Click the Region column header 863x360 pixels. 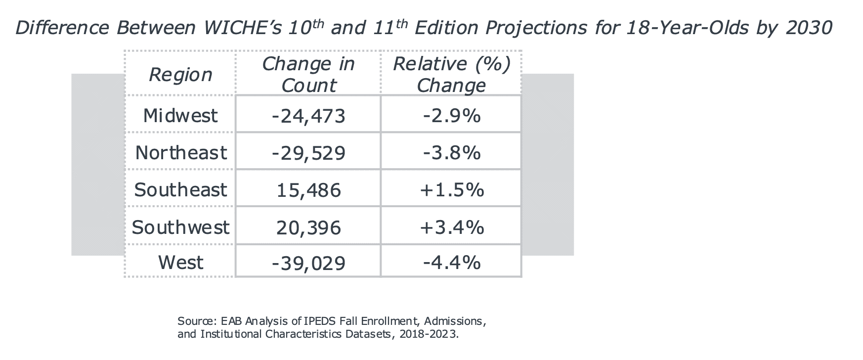[x=180, y=75]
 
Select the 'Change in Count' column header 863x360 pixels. [x=308, y=75]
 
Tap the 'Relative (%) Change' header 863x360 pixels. [x=451, y=75]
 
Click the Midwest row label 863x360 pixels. [x=180, y=116]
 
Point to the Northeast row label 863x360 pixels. [x=181, y=153]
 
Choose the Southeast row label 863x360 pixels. [x=180, y=190]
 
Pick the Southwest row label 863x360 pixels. [x=180, y=227]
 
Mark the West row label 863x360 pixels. [x=180, y=262]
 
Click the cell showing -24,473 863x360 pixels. [x=308, y=116]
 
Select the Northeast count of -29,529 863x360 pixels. [x=308, y=153]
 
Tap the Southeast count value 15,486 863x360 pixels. [x=308, y=190]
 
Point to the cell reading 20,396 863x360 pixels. [x=308, y=227]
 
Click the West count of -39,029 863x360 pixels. [x=308, y=262]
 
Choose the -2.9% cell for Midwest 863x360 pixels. [x=451, y=116]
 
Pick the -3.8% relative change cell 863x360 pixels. [x=451, y=153]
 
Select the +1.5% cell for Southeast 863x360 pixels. [x=451, y=190]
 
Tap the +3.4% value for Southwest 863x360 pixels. [x=451, y=227]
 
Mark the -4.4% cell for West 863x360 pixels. [x=451, y=262]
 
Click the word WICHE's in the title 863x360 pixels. [x=241, y=28]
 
